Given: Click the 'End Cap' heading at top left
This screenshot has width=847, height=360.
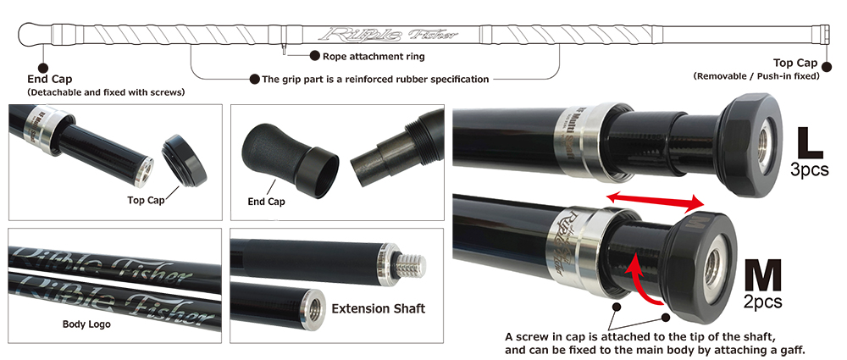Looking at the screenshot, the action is [x=50, y=80].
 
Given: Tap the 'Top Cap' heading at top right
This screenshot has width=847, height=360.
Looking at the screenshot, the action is [x=795, y=63].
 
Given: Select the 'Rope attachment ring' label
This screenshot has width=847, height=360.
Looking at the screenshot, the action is [x=374, y=56].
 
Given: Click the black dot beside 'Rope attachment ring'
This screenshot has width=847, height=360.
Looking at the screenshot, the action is [x=314, y=56].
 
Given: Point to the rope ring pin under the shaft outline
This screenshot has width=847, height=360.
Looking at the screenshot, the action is [x=284, y=50].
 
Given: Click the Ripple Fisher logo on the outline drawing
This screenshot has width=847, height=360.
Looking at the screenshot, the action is [x=388, y=35].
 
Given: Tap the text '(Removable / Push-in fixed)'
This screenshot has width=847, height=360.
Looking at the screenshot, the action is [x=756, y=76].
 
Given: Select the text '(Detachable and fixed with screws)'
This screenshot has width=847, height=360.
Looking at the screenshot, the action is [x=106, y=92].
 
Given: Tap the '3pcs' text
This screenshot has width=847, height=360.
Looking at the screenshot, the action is [x=809, y=169].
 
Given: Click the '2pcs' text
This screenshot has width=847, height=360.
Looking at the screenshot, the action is [x=762, y=302].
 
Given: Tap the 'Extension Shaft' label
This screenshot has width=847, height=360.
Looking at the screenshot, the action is [x=378, y=308].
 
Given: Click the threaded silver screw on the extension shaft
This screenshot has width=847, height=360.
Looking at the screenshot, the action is [x=411, y=265].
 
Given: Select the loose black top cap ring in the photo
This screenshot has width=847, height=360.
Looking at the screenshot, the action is [x=184, y=161].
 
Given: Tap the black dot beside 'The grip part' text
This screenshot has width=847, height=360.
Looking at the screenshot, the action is [x=254, y=80].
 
